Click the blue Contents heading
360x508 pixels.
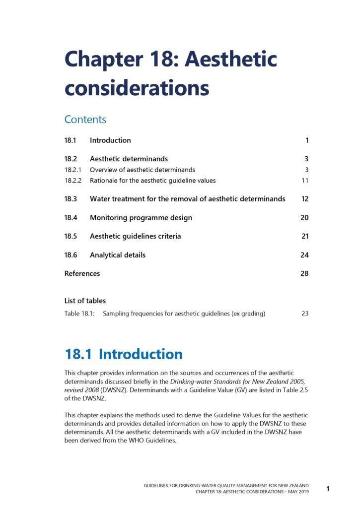pyautogui.click(x=85, y=120)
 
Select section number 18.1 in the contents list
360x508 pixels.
pyautogui.click(x=70, y=140)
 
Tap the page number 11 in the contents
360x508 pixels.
pyautogui.click(x=305, y=181)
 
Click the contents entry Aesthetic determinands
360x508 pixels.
pyautogui.click(x=129, y=159)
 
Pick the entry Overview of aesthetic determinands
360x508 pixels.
pyautogui.click(x=142, y=170)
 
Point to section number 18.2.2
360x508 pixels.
pyautogui.click(x=73, y=181)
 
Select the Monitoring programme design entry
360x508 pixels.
pyautogui.click(x=141, y=218)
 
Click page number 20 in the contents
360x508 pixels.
pyautogui.click(x=304, y=218)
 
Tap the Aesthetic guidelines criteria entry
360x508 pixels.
pyautogui.click(x=135, y=237)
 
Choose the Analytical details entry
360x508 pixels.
pyautogui.click(x=118, y=255)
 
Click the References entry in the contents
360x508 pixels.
pyautogui.click(x=82, y=274)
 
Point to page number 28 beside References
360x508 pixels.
pyautogui.click(x=304, y=274)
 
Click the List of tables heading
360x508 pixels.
pyautogui.click(x=85, y=301)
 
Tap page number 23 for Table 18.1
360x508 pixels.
pyautogui.click(x=305, y=314)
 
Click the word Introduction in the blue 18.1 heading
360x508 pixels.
pyautogui.click(x=141, y=354)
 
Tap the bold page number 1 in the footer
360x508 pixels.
pyautogui.click(x=328, y=489)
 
